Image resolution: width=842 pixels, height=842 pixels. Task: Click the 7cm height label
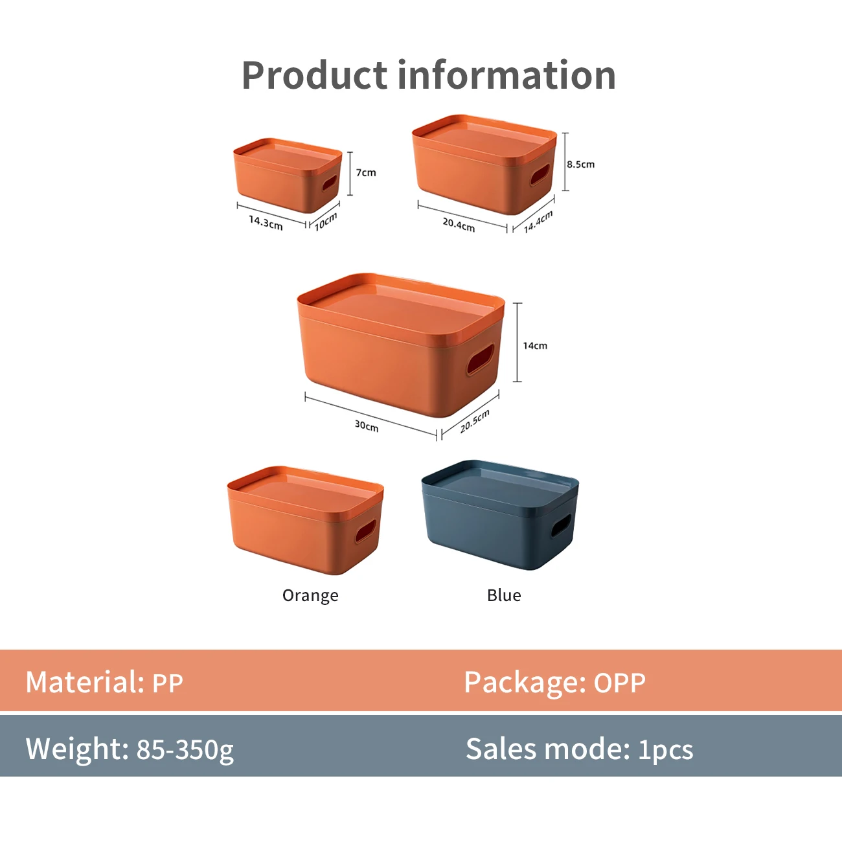pyautogui.click(x=366, y=173)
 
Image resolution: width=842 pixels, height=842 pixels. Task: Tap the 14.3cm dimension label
pyautogui.click(x=266, y=223)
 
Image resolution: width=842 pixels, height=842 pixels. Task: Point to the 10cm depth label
pyautogui.click(x=326, y=222)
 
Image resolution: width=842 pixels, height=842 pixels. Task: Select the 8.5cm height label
pyautogui.click(x=580, y=165)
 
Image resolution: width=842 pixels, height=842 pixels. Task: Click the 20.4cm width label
pyautogui.click(x=459, y=225)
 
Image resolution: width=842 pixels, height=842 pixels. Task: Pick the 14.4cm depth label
pyautogui.click(x=538, y=222)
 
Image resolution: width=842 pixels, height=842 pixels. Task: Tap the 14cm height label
pyautogui.click(x=535, y=346)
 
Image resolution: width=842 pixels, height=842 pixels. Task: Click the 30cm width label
pyautogui.click(x=367, y=426)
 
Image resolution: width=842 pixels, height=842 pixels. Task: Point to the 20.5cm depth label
pyautogui.click(x=475, y=421)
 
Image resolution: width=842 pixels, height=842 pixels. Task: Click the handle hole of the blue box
pyautogui.click(x=561, y=525)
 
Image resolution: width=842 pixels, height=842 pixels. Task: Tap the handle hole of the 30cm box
pyautogui.click(x=481, y=359)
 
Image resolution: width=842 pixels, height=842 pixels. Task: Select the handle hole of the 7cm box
pyautogui.click(x=330, y=181)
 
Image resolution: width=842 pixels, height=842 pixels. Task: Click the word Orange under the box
pyautogui.click(x=310, y=596)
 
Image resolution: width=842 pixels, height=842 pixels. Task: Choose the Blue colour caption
pyautogui.click(x=504, y=596)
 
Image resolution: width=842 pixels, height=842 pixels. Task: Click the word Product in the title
pyautogui.click(x=314, y=75)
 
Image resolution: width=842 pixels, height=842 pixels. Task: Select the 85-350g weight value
pyautogui.click(x=185, y=749)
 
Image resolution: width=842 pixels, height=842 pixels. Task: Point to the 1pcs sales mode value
pyautogui.click(x=666, y=749)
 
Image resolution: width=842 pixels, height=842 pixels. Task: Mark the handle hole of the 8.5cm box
pyautogui.click(x=540, y=174)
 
